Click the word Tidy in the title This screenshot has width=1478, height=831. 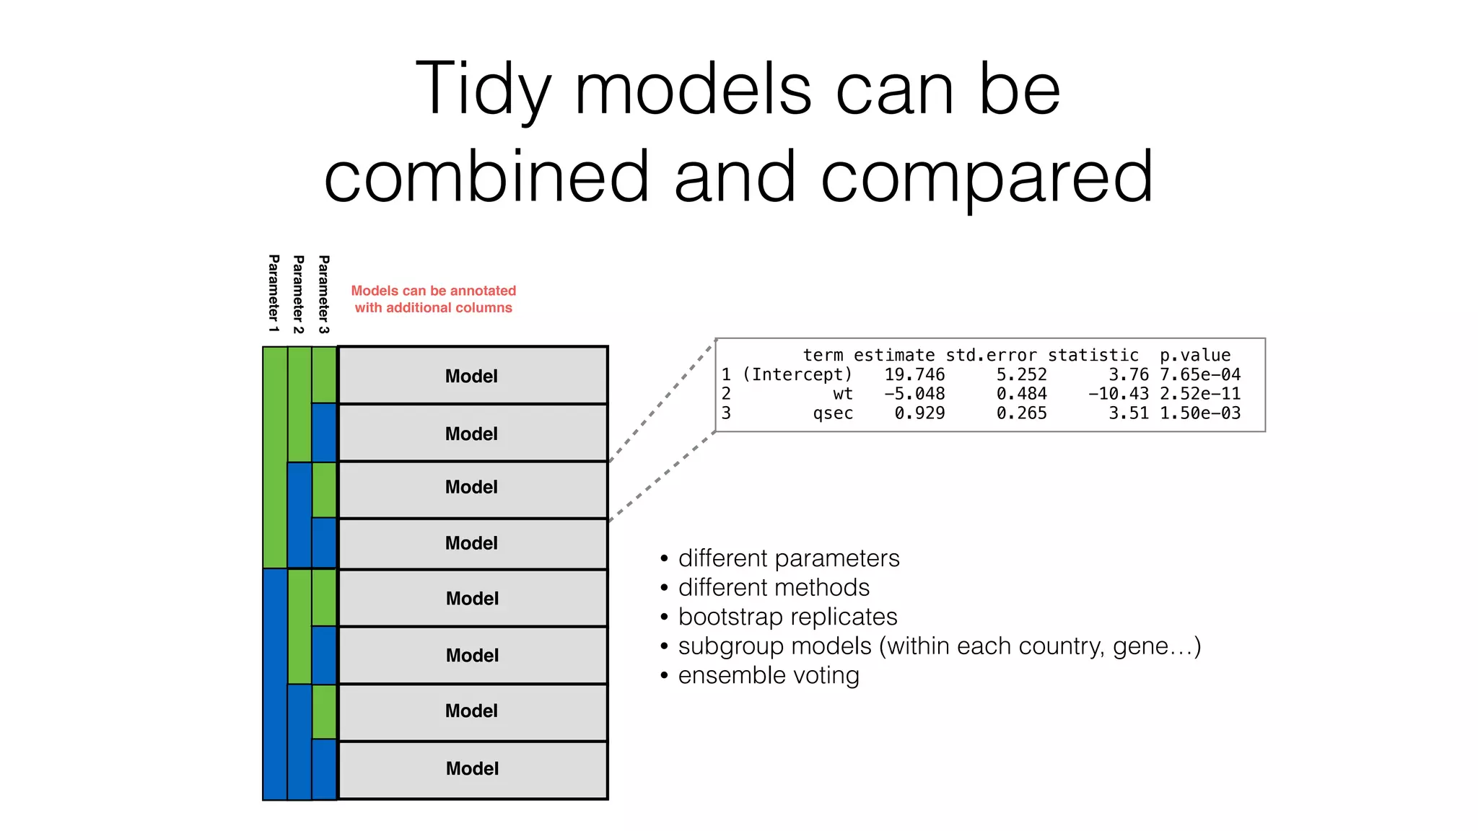tap(483, 89)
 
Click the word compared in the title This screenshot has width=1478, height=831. tap(987, 177)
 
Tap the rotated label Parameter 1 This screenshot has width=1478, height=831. tap(274, 294)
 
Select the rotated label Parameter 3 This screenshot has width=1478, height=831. tap(324, 294)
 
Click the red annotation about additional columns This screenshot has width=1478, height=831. tap(433, 299)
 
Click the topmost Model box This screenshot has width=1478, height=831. tap(472, 376)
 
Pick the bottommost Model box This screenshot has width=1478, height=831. tap(472, 769)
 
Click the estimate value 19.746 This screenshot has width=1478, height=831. tap(914, 374)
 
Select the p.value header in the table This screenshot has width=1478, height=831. tap(1194, 355)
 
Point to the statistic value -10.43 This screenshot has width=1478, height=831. tap(1118, 394)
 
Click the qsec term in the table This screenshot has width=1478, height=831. tap(833, 413)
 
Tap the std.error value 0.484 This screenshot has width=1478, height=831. tap(1021, 394)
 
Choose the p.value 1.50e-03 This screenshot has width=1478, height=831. tap(1199, 413)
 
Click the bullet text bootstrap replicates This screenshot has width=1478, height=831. tap(787, 617)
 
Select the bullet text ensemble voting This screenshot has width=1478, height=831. tap(769, 675)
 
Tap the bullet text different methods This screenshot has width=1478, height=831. tap(774, 587)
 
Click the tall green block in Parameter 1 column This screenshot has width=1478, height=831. tap(275, 457)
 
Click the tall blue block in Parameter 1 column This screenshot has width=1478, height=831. tap(275, 684)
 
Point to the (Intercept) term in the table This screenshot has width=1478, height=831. tap(797, 374)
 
